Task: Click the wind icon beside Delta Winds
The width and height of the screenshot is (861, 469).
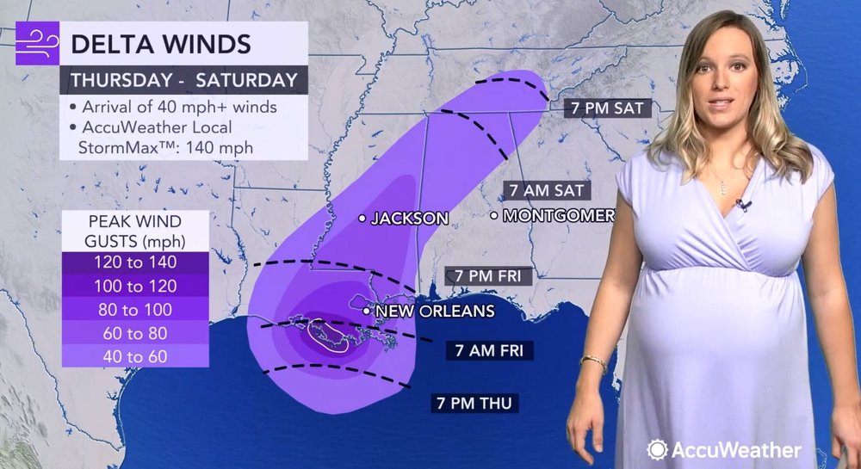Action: [37, 44]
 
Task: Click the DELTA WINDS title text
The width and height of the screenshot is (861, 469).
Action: [160, 44]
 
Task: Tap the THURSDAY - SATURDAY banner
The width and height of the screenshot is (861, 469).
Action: [183, 81]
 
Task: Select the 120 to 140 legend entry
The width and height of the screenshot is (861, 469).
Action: [134, 262]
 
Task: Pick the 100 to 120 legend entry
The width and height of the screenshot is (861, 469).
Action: [134, 286]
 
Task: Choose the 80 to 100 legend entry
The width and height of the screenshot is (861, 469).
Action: [134, 309]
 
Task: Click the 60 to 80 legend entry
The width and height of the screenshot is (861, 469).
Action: [134, 332]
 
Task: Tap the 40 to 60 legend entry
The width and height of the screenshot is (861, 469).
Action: [134, 355]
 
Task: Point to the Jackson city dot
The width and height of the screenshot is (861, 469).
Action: [362, 219]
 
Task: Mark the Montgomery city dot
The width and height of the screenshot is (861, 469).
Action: [494, 215]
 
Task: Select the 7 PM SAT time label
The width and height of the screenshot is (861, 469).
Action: [606, 108]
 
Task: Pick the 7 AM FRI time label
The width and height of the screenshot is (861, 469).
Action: [491, 350]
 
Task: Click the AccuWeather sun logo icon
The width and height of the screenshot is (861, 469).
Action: [658, 449]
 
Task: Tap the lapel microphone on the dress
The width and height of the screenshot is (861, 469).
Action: [740, 205]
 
